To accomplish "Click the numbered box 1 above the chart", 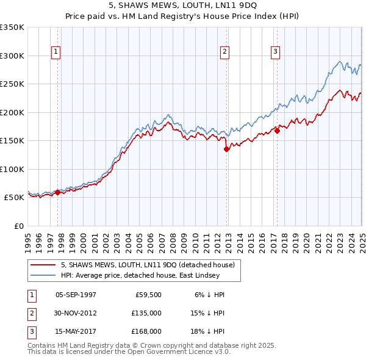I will click(x=56, y=52).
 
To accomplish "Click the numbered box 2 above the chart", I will click(x=224, y=52).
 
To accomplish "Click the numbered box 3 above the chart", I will click(x=275, y=52).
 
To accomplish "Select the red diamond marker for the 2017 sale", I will click(x=277, y=130).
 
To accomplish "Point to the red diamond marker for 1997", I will click(x=57, y=192).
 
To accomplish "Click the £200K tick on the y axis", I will click(x=12, y=112).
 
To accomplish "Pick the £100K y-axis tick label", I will click(x=12, y=169).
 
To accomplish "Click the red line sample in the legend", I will click(x=43, y=265).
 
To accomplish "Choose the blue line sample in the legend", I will click(x=43, y=275).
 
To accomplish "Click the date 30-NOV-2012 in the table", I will click(x=76, y=313).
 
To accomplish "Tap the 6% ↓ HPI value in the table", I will click(x=210, y=294).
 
